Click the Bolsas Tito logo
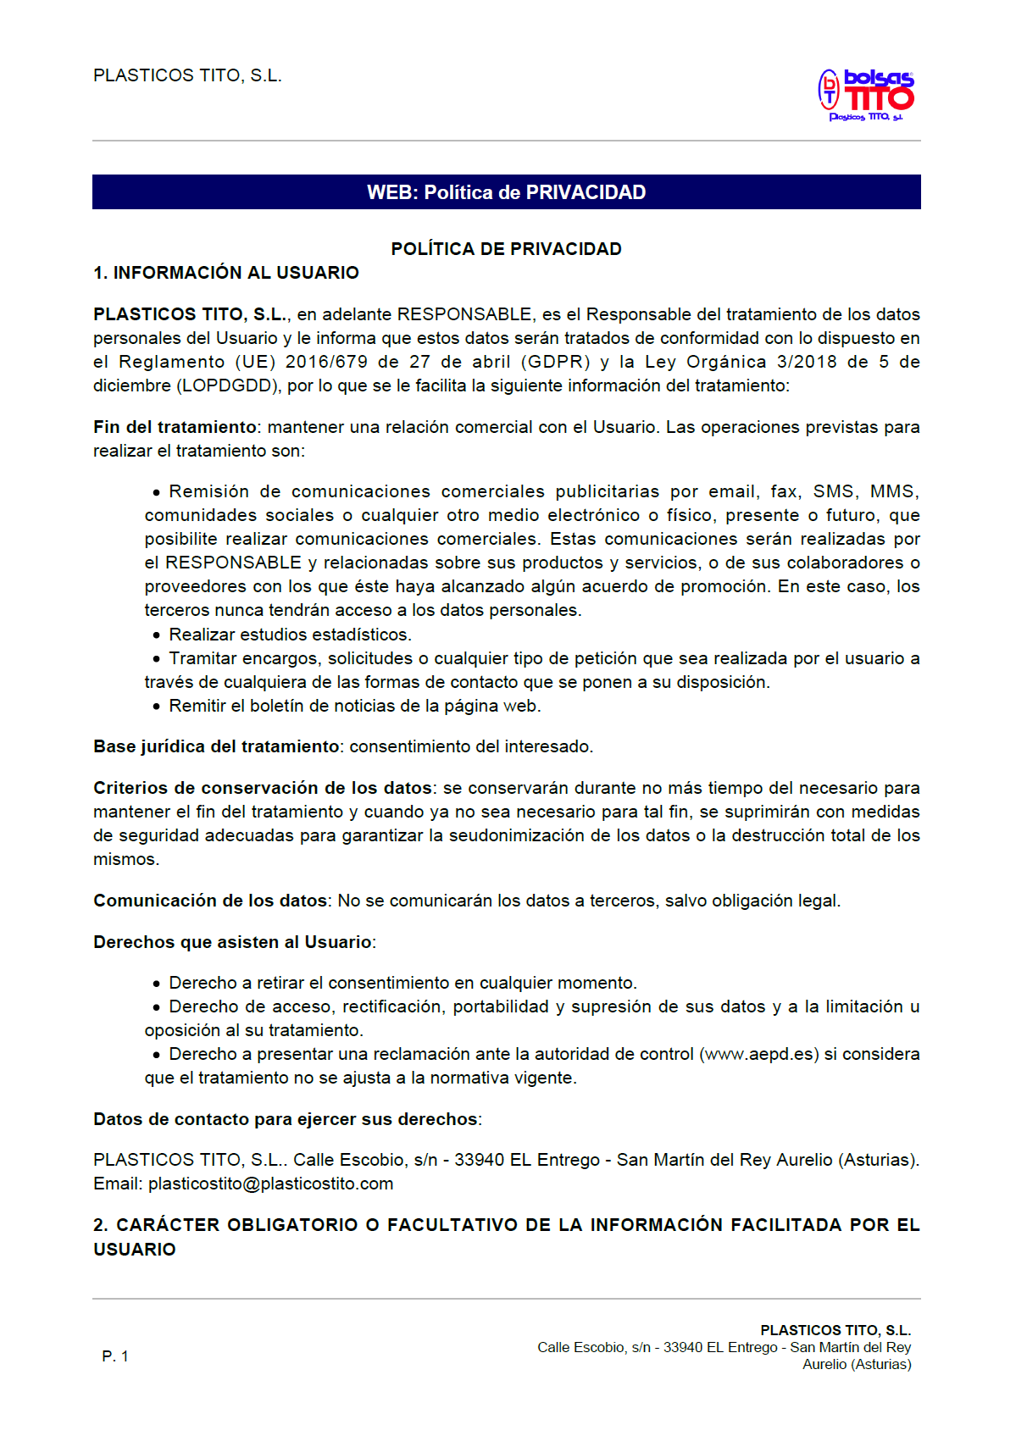(867, 94)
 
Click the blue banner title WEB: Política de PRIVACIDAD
(506, 192)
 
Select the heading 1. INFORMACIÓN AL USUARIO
(225, 273)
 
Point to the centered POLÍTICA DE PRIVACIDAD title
(506, 249)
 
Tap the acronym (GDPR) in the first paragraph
(555, 362)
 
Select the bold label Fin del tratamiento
(175, 427)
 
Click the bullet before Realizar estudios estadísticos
(157, 635)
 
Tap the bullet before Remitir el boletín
(157, 707)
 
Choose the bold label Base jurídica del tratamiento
(216, 746)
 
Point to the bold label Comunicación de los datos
(210, 901)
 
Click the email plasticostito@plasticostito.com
(270, 1184)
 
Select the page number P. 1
(115, 1356)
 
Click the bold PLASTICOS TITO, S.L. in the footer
(835, 1330)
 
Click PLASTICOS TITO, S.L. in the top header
(187, 75)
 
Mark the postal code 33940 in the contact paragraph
(480, 1160)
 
